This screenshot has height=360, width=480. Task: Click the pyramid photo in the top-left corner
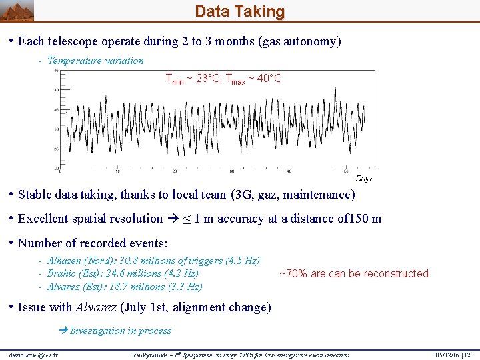[17, 10]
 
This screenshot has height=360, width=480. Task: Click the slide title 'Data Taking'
[239, 11]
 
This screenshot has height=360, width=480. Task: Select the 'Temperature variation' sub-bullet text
[95, 61]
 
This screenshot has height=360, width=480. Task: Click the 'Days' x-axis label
[365, 178]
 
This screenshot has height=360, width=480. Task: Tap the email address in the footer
[34, 355]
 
